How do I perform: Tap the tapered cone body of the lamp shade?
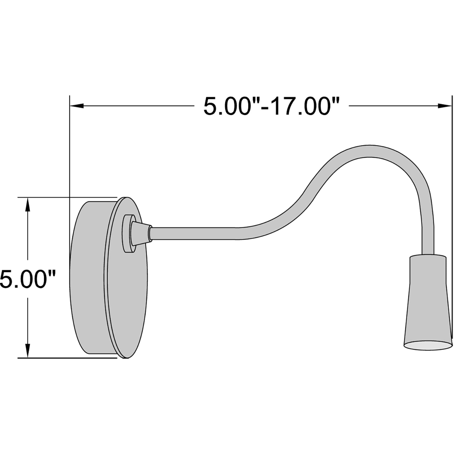pos(428,312)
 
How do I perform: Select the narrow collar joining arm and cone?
pos(150,233)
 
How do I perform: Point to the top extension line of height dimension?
pos(67,197)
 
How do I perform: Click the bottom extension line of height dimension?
pos(67,358)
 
